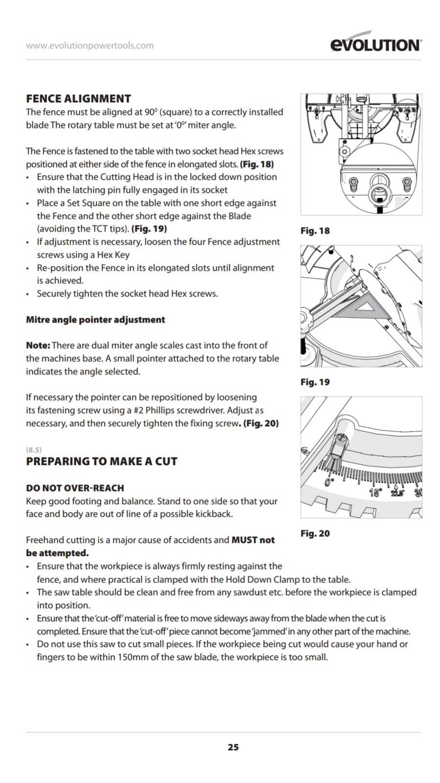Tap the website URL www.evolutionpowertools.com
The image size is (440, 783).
[x=89, y=46]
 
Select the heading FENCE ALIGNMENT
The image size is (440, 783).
[x=79, y=98]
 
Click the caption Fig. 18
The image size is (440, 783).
[x=315, y=230]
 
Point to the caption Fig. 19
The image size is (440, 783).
[x=315, y=382]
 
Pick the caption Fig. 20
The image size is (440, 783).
[x=315, y=533]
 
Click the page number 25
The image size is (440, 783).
[x=233, y=747]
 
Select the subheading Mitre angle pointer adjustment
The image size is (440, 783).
[x=95, y=320]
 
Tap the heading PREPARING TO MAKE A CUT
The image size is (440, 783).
[x=102, y=461]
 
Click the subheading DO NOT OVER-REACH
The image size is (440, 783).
[x=75, y=488]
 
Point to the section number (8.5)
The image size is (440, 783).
[x=34, y=449]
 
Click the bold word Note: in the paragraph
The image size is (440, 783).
[x=38, y=345]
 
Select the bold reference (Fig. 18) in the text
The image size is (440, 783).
[x=257, y=164]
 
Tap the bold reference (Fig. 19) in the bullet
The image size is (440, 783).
[x=150, y=229]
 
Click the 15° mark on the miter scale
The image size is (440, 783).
[x=375, y=492]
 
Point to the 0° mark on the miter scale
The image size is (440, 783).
[x=330, y=482]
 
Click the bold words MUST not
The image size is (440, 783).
[x=253, y=540]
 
